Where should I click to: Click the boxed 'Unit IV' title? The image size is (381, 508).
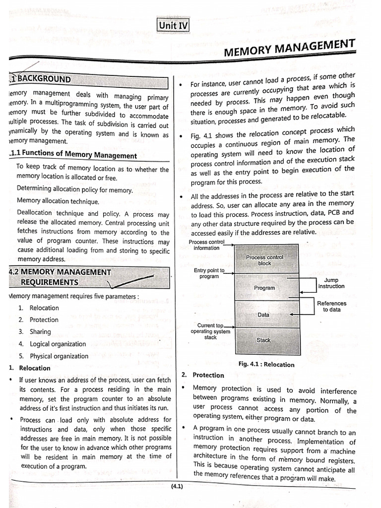pos(174,25)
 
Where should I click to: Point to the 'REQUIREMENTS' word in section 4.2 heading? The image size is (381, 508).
pos(49,282)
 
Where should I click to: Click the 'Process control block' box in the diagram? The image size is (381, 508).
pos(265,260)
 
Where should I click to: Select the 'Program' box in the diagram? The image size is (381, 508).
pos(264,288)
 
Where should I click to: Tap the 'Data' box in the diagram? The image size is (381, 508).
pos(264,315)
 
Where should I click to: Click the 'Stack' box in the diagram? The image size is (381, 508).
pos(263,340)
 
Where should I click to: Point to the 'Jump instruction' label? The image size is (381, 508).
pos(331,283)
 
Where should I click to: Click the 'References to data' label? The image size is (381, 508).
pos(331,306)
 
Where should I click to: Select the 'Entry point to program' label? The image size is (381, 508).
pos(209,273)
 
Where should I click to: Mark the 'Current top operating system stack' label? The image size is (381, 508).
pos(210,331)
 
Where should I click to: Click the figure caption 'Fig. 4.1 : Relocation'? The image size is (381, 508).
pos(266,364)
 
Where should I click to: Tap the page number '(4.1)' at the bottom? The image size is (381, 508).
pos(177,487)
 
